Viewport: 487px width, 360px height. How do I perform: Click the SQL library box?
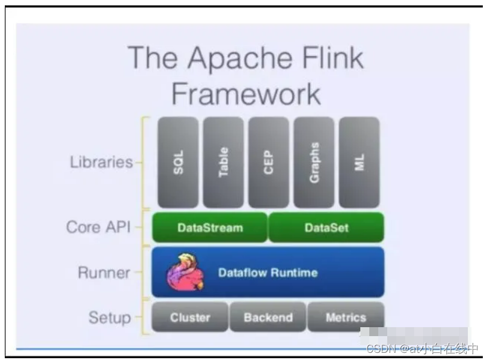coord(178,162)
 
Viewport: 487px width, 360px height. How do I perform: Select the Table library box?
coord(223,162)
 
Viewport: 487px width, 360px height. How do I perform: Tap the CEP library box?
coord(269,162)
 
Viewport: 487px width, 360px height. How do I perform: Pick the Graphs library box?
coord(314,162)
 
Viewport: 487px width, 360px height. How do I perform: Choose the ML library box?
coord(359,162)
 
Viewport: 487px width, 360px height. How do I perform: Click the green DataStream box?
coord(210,227)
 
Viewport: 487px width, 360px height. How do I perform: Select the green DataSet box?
coord(326,227)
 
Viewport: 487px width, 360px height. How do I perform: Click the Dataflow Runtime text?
coord(268,273)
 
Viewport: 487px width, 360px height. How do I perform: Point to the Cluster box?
coord(190,317)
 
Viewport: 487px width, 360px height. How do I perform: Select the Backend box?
coord(268,317)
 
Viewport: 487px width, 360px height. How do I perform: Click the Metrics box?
coord(345,317)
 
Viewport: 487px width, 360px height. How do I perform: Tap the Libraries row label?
coord(100,162)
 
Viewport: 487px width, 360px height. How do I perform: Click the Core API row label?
coord(98,227)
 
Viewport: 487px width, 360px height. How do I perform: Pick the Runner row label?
coord(104,273)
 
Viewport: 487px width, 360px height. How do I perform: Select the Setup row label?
coord(109,317)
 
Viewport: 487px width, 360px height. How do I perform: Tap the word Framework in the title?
coord(246,94)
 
